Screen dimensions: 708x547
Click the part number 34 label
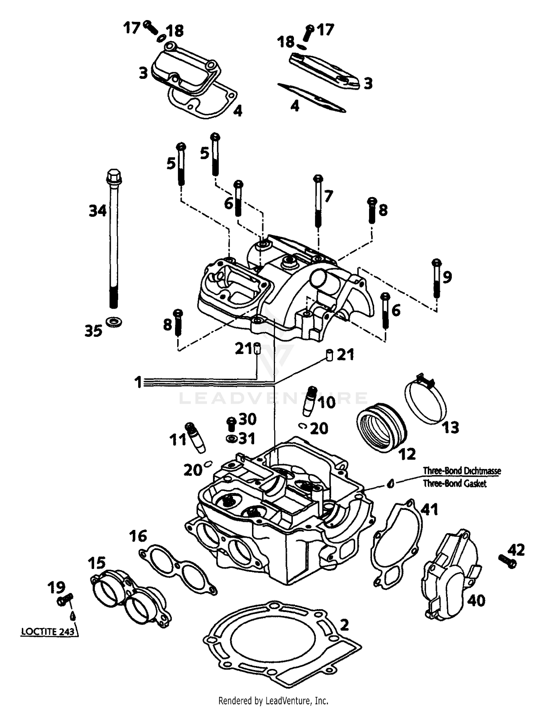point(98,211)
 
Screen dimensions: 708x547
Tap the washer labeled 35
point(114,322)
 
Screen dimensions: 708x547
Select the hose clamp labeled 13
point(425,401)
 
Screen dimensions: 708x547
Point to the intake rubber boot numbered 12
point(381,428)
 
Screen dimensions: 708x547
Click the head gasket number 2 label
point(344,625)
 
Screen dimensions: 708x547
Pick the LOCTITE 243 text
point(48,631)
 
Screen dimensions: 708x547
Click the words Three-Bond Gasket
point(454,484)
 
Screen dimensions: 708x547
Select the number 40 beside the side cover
point(476,600)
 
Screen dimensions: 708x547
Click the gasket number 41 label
point(430,509)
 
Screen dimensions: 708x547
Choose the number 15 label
point(97,563)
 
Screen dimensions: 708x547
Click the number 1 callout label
point(138,382)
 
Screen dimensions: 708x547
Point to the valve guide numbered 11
point(196,438)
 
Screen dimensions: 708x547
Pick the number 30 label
point(248,419)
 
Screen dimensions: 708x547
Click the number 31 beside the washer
point(247,438)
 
